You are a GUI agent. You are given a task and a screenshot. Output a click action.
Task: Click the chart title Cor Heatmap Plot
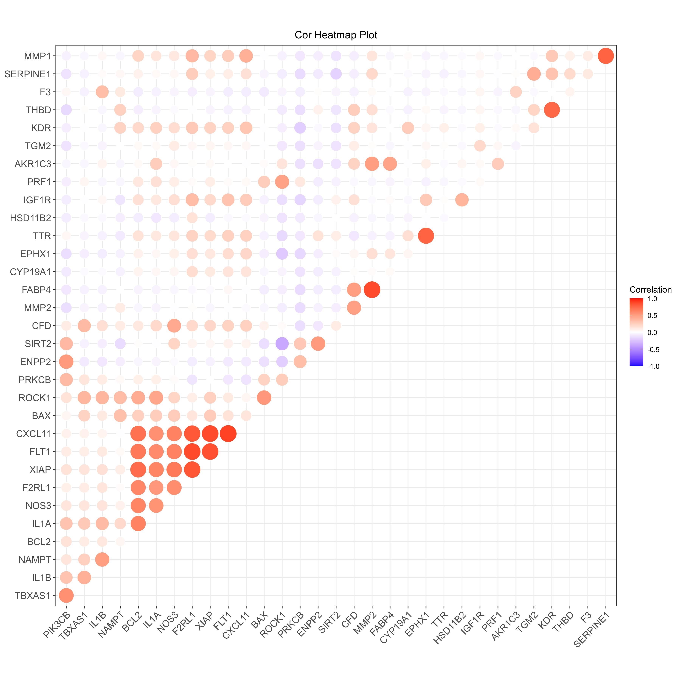click(336, 35)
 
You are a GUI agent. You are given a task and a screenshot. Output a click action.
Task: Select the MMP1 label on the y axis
click(37, 56)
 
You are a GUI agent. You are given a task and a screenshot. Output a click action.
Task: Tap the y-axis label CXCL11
click(33, 434)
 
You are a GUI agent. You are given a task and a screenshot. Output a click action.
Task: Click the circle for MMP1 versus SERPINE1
click(606, 56)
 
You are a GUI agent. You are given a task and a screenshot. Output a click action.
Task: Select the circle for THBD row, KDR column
click(552, 110)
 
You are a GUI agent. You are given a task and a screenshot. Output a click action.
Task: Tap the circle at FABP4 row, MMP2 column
click(372, 290)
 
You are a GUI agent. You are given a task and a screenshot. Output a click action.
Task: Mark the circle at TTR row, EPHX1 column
click(426, 236)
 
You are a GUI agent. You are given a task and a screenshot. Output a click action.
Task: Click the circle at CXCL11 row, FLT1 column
click(228, 434)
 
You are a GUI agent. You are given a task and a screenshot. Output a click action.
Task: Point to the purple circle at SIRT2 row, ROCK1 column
click(282, 344)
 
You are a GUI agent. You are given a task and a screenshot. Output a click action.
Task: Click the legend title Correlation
click(650, 290)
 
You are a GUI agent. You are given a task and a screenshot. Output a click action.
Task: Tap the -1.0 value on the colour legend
click(653, 367)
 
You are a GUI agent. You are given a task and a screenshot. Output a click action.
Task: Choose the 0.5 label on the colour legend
click(652, 315)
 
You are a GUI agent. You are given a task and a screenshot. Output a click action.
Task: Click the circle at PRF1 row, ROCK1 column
click(282, 182)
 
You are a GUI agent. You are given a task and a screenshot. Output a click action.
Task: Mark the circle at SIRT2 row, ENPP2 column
click(318, 344)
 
